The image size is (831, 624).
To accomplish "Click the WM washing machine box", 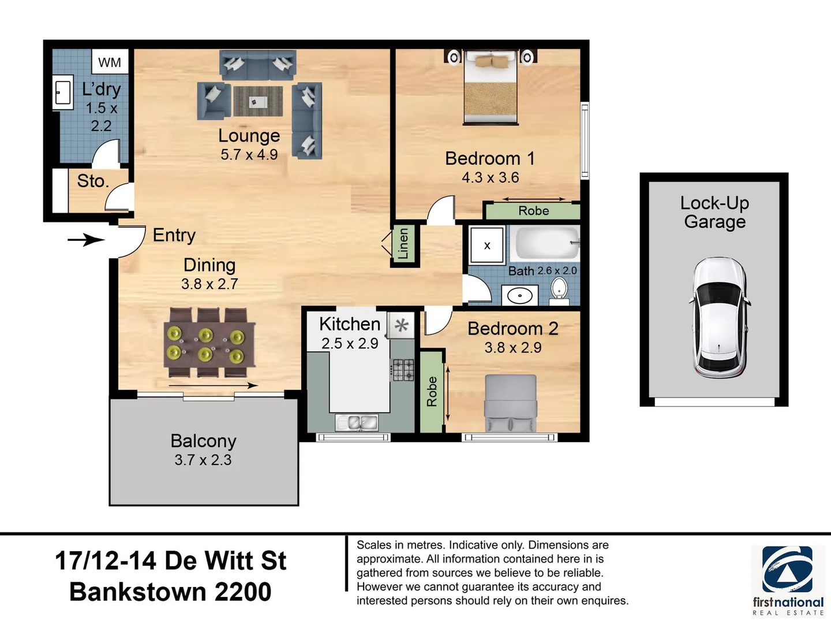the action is pyautogui.click(x=110, y=62).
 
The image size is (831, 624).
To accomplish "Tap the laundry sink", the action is pyautogui.click(x=62, y=92).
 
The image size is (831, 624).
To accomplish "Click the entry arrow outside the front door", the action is pyautogui.click(x=86, y=240).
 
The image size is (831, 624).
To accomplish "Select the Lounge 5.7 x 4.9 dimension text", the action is pyautogui.click(x=249, y=155).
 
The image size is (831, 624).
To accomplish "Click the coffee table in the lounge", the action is pyautogui.click(x=258, y=101).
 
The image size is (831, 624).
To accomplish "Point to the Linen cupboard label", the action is pyautogui.click(x=404, y=243).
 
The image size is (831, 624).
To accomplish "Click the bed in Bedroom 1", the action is pyautogui.click(x=491, y=87).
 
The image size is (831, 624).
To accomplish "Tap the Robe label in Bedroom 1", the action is pyautogui.click(x=533, y=211).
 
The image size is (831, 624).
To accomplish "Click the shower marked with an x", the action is pyautogui.click(x=487, y=245).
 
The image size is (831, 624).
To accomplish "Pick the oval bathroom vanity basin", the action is pyautogui.click(x=520, y=295).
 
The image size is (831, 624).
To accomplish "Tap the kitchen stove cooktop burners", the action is pyautogui.click(x=403, y=370).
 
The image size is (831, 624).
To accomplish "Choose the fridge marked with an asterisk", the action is pyautogui.click(x=401, y=325).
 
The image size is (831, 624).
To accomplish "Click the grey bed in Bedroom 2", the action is pyautogui.click(x=511, y=403).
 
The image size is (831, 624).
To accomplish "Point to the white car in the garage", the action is pyautogui.click(x=718, y=318).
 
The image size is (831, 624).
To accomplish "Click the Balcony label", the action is pyautogui.click(x=203, y=441).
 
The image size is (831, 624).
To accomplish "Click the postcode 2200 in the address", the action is pyautogui.click(x=243, y=592).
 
